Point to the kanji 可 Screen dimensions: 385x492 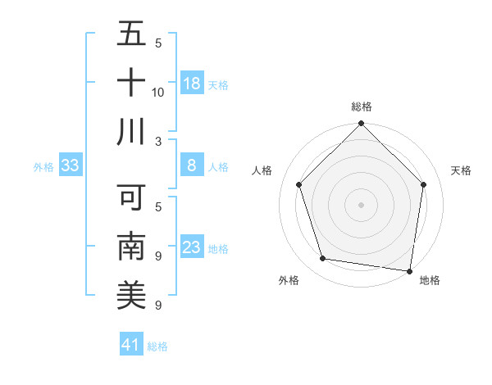[131, 198]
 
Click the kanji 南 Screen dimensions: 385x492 [131, 247]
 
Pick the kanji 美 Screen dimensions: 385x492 [131, 296]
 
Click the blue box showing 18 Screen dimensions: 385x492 [192, 84]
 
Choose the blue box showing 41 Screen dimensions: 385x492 [131, 345]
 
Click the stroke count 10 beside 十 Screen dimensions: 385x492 [158, 92]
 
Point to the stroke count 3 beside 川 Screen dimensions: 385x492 [158, 141]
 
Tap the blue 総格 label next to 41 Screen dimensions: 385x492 [157, 346]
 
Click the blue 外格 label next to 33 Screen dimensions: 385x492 [43, 167]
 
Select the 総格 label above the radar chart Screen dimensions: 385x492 [362, 106]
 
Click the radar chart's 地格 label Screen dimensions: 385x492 [430, 281]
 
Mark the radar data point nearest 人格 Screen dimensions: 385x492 [299, 184]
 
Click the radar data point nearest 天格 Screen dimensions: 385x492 [424, 184]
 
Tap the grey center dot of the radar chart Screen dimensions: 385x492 [362, 204]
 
